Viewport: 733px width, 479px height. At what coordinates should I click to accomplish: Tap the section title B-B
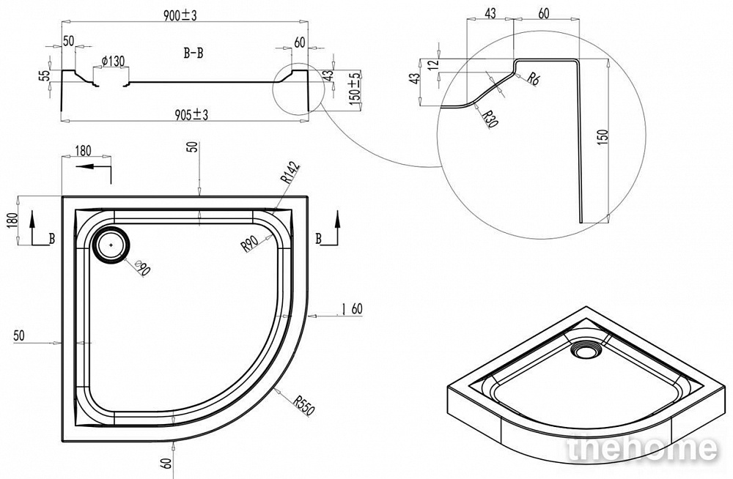click(193, 53)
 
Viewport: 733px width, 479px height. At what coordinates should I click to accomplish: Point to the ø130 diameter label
click(112, 62)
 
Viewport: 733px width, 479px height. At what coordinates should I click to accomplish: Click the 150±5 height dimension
click(355, 89)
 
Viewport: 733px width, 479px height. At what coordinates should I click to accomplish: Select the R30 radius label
click(490, 116)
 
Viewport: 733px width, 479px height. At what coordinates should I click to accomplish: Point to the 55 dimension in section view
click(45, 75)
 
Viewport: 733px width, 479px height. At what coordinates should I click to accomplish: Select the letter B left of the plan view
click(51, 237)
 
